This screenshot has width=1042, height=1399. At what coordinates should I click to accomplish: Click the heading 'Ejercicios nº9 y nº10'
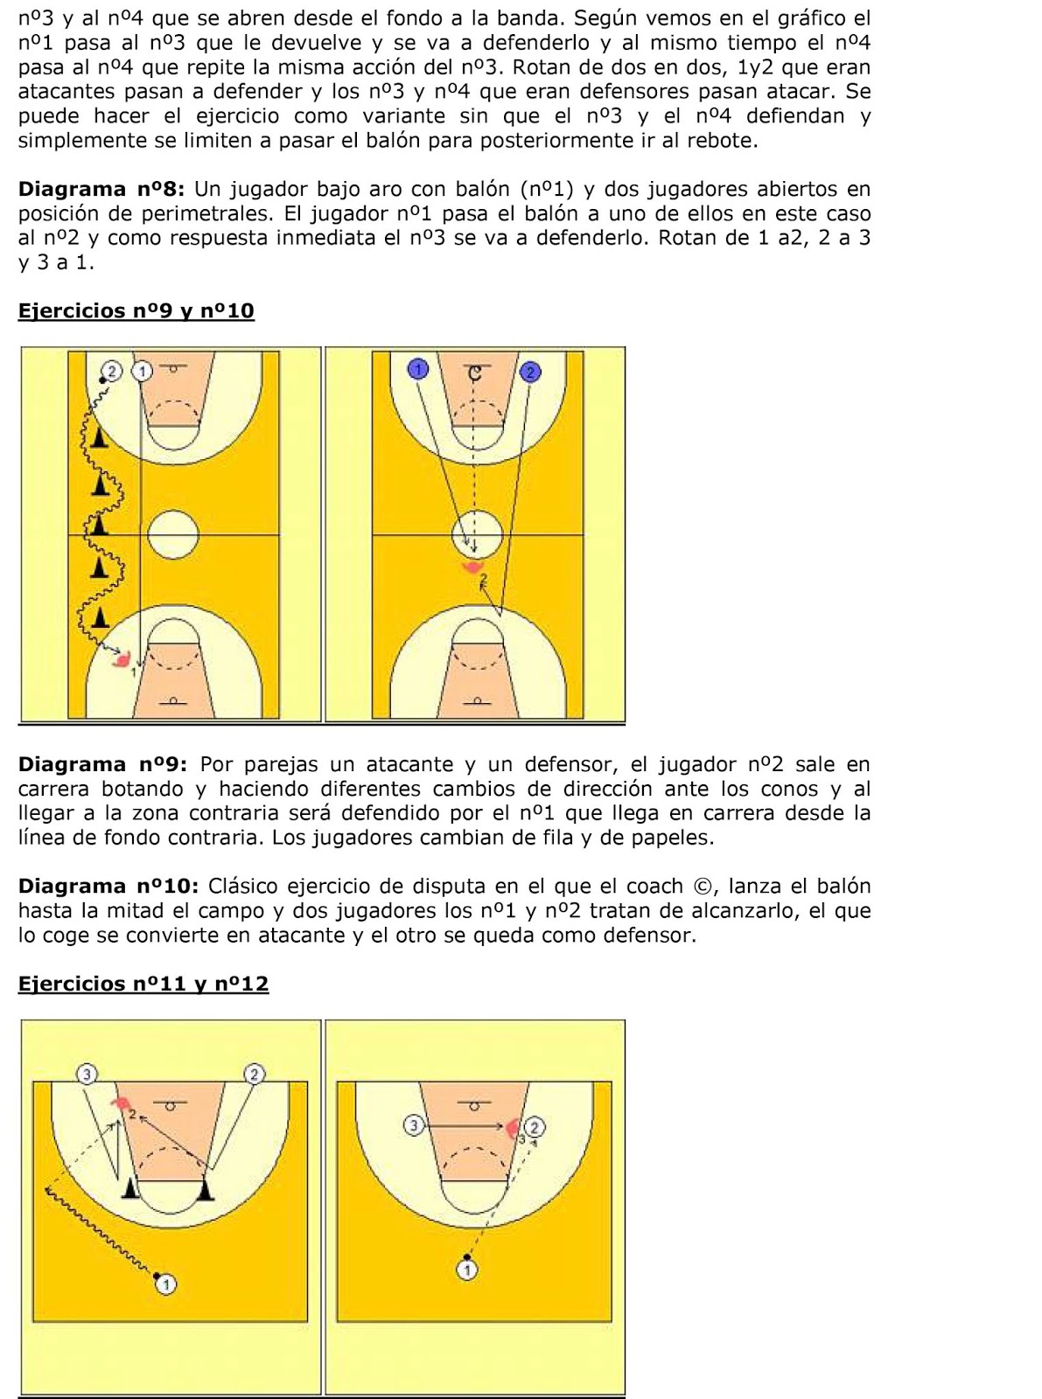pos(136,311)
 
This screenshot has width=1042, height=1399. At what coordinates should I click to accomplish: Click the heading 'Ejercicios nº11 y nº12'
pos(143,984)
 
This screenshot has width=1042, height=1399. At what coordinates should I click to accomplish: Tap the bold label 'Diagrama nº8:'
pos(102,189)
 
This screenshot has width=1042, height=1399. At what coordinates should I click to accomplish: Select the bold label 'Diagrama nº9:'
pos(102,764)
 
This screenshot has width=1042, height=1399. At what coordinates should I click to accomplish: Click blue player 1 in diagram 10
pos(418,370)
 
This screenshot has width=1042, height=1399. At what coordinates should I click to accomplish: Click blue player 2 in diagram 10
pos(529,372)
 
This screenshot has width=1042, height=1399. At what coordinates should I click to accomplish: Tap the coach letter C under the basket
pos(473,373)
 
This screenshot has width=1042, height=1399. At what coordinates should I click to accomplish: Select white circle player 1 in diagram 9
pos(143,371)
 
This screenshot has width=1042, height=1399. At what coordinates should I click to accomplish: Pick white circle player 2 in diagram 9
pos(112,371)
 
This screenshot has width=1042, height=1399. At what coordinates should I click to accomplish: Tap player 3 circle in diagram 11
pos(86,1073)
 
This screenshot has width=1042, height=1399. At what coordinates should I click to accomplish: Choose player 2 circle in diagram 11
pos(254,1073)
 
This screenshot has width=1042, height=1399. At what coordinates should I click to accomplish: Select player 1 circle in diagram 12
pos(467,1269)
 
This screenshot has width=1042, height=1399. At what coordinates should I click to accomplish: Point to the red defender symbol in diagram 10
pos(473,567)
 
